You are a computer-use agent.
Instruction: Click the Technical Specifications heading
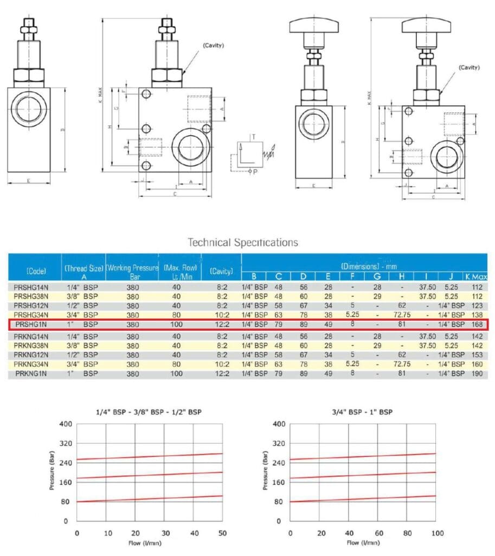pos(242,242)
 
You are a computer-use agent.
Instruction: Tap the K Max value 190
pos(477,374)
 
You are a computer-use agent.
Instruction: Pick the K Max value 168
pos(477,325)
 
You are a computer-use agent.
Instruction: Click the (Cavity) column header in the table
pos(221,270)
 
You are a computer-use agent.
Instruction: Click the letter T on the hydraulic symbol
pos(253,136)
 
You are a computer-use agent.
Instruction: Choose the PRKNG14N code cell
pos(35,337)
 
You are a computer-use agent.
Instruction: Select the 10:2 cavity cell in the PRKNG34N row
pos(221,364)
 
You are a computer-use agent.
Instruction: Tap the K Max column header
pos(477,277)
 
